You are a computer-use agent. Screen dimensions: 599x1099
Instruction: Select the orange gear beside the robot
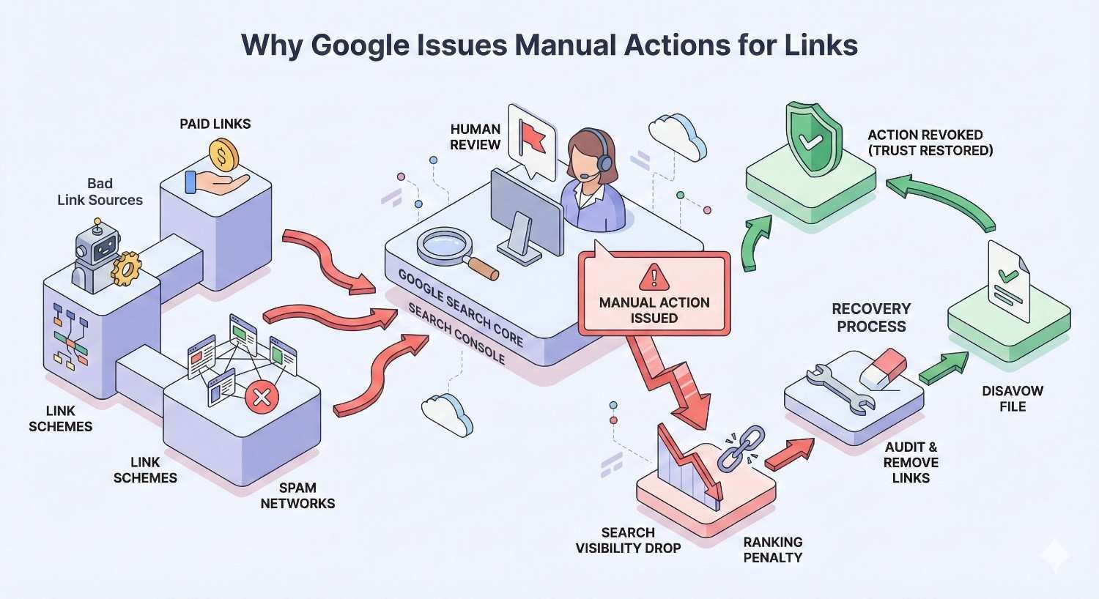coord(126,268)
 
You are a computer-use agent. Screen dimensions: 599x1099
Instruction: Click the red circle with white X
coord(260,398)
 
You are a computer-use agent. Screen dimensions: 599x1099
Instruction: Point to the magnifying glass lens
coord(444,245)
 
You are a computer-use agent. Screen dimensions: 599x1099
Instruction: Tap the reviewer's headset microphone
coord(586,176)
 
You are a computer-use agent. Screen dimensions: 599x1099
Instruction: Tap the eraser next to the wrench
coord(884,368)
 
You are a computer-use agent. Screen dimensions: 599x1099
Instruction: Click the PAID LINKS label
coord(215,124)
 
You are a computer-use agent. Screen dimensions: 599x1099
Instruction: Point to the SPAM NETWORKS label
coord(297,496)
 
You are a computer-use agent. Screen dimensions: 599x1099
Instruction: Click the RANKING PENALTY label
coord(773,549)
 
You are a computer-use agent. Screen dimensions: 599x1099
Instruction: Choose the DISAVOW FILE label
coord(1013,398)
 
